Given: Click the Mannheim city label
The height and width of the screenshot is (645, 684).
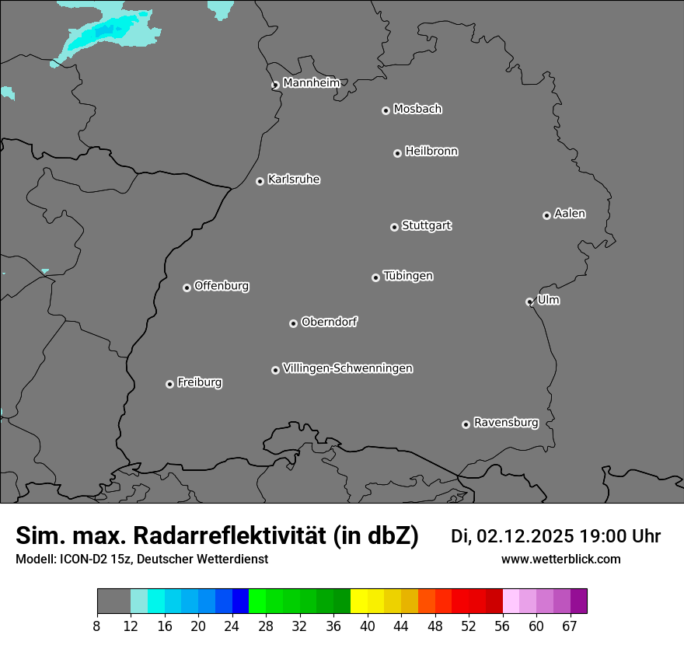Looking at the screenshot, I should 311,83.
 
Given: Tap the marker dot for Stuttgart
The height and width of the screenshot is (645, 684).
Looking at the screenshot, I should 394,227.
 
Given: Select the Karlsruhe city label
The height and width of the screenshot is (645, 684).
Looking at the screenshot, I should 294,180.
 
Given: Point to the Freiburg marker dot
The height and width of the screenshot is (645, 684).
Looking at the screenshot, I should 169,384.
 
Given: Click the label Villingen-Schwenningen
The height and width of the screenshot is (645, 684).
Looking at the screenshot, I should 347,368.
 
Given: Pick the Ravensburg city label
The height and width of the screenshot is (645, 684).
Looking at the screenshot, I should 506,423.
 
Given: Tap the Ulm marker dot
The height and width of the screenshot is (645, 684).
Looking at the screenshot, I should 529,302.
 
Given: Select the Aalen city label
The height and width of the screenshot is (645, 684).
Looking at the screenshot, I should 570,214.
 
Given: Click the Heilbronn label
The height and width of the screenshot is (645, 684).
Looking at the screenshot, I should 431,152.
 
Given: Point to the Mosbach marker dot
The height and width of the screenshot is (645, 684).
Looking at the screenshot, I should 386,110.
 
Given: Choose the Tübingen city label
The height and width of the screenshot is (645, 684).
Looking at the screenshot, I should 408,276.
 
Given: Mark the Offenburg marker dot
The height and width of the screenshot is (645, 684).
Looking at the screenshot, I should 187,288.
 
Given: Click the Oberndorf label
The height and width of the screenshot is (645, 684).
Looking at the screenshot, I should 330,322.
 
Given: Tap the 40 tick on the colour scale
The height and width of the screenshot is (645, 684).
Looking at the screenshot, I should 368,626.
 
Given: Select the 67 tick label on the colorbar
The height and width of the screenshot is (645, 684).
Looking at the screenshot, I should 570,626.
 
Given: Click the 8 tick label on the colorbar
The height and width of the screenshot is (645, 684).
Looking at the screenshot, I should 97,626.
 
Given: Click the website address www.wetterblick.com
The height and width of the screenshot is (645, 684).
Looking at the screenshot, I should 560,560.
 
